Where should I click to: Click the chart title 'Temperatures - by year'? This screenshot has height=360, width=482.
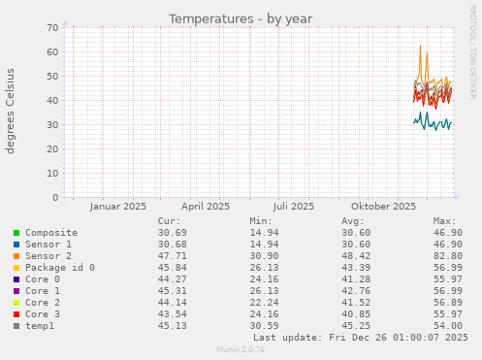tap(241, 18)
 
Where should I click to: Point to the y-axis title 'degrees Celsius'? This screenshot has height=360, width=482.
tap(12, 112)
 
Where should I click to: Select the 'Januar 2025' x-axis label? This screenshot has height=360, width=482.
tap(117, 206)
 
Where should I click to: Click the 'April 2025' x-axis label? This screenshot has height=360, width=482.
tap(206, 206)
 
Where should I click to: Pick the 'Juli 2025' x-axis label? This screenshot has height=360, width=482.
tap(294, 206)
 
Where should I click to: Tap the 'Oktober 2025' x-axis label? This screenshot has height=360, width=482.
tap(383, 206)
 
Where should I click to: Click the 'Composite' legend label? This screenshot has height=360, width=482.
tap(51, 233)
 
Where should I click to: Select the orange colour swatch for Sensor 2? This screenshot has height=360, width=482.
tap(16, 256)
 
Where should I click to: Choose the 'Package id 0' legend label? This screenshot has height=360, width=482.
tap(60, 267)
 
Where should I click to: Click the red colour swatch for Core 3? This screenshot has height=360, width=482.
tap(16, 313)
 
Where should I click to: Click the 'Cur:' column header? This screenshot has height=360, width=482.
tap(169, 221)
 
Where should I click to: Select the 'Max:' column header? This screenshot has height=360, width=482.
tap(445, 221)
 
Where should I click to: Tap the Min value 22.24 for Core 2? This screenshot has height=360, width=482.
tap(264, 302)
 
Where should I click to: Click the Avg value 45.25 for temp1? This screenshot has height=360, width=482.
tap(355, 325)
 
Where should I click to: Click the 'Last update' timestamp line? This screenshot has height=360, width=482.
tap(360, 337)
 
